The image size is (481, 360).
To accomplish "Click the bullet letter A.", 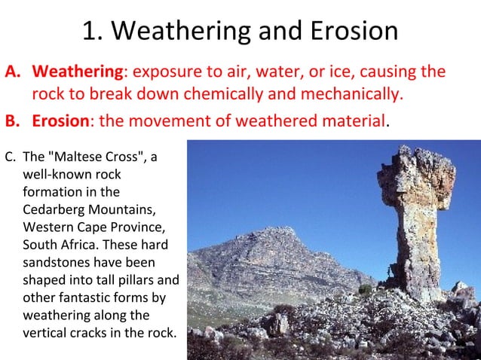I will pyautogui.click(x=14, y=73).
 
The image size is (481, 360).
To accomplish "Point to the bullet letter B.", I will pyautogui.click(x=14, y=121).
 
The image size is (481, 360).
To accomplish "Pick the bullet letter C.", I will pyautogui.click(x=10, y=158).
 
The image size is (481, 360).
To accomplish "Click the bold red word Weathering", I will pyautogui.click(x=78, y=73).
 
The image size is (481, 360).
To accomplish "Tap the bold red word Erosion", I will pyautogui.click(x=62, y=121).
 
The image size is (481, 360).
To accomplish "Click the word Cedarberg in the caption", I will pyautogui.click(x=51, y=210).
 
